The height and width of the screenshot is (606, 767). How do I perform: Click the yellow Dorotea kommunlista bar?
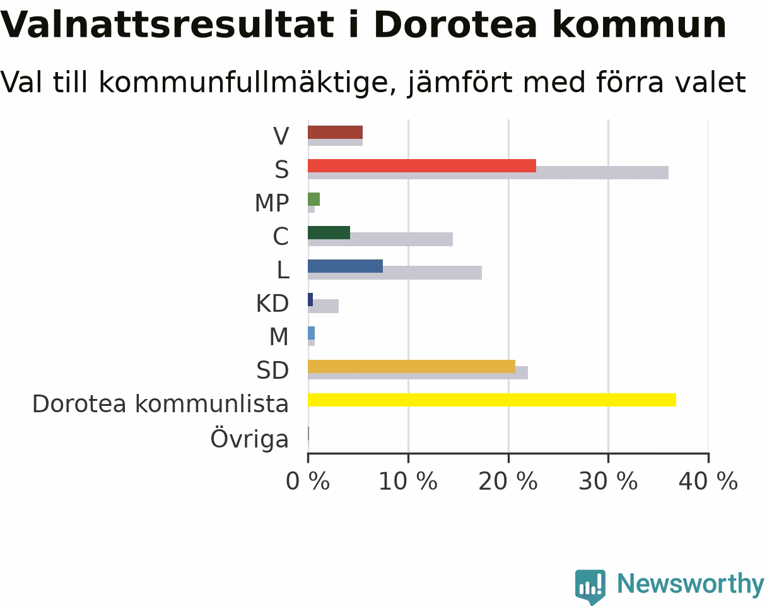point(492,400)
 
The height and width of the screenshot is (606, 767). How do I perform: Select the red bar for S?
point(422,166)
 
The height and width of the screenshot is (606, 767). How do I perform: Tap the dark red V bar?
point(336,133)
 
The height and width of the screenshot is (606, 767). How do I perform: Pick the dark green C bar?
point(329,232)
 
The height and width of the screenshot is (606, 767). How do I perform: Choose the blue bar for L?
point(346,266)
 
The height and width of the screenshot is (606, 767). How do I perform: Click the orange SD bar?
point(412,367)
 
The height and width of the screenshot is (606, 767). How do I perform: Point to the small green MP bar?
point(313,199)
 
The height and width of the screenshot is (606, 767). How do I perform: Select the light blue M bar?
point(311,333)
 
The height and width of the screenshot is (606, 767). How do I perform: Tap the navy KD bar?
point(310,300)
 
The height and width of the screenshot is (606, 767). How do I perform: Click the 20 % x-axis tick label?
point(508,481)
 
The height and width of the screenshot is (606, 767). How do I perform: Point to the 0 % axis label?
point(308,481)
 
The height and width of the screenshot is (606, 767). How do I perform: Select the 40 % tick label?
point(708,481)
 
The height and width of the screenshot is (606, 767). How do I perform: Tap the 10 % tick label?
point(408,481)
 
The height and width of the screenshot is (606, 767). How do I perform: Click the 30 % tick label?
point(608,481)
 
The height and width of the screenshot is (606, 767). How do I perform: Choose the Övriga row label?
point(250,439)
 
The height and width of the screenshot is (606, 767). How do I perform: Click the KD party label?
point(272,304)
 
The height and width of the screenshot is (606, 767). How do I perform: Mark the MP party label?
point(272,203)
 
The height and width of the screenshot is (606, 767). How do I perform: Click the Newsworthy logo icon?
point(590,586)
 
